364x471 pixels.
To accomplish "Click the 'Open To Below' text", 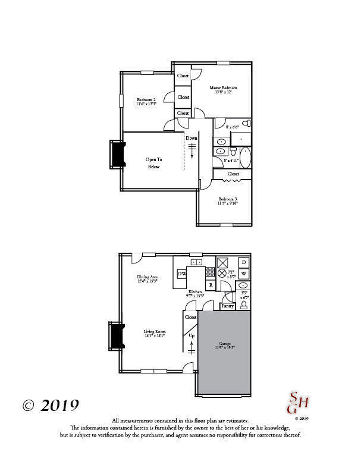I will pos(154,163).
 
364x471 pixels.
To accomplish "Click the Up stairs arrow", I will pos(192,344).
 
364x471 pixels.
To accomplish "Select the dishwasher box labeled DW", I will pos(182,273).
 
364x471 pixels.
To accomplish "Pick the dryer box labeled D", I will pos(244,262).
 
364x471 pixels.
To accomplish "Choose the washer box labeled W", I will pos(244,274).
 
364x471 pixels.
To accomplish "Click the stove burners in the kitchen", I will pos(210,273).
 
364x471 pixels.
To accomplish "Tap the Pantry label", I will pos(227,306).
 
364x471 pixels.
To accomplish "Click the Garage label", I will pos(224,346).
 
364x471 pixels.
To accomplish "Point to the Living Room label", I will pos(154,334).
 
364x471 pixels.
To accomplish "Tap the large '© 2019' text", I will pos(51,406).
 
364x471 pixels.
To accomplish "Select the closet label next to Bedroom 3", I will pos(233,174).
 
